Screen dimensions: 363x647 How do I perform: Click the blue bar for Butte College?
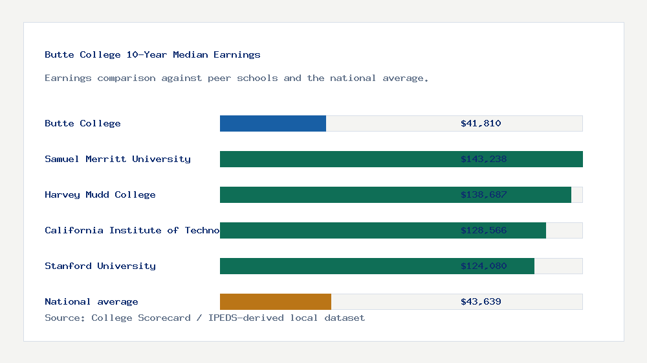pos(273,123)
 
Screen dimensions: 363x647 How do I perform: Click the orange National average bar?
pos(276,301)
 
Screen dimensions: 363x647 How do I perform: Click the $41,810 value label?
pos(481,123)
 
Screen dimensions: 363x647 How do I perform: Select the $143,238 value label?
pos(483,159)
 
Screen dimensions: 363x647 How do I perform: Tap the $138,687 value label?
pos(483,194)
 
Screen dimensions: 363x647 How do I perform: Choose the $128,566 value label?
pos(483,230)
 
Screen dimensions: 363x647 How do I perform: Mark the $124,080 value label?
pos(483,266)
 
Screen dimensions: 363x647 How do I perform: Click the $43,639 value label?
pos(481,301)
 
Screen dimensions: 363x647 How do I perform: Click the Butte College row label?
pos(83,123)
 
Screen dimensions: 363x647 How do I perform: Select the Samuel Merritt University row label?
pos(118,159)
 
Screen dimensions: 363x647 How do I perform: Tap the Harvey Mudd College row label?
pos(100,194)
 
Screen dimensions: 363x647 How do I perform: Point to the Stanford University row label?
pos(100,266)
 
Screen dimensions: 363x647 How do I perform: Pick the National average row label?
pos(91,301)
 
